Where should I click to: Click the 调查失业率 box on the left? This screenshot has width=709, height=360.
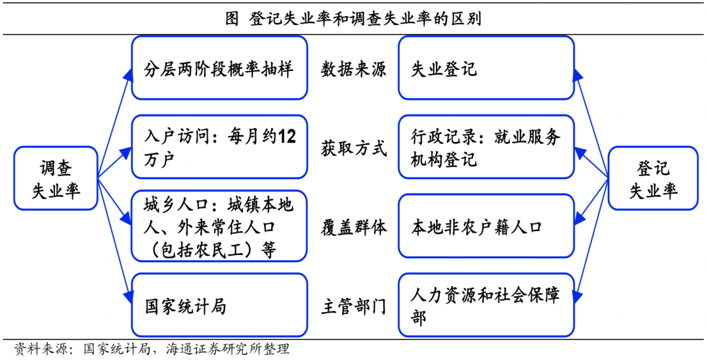click(x=56, y=178)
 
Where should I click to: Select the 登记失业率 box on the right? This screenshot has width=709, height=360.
click(x=653, y=178)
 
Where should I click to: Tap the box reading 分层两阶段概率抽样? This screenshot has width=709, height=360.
click(x=219, y=68)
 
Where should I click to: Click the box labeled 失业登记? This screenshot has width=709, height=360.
click(x=486, y=68)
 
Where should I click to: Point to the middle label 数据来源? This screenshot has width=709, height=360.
click(x=353, y=69)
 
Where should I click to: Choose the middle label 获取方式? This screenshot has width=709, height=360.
click(x=353, y=148)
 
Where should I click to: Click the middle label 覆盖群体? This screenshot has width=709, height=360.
click(x=353, y=227)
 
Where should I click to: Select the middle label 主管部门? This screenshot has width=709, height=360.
click(x=353, y=306)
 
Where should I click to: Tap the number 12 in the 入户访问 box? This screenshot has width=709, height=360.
click(x=287, y=137)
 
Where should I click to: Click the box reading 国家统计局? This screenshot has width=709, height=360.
click(x=219, y=305)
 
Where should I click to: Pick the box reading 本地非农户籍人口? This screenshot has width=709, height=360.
click(x=486, y=227)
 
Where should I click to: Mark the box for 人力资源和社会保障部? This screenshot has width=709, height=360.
click(x=486, y=305)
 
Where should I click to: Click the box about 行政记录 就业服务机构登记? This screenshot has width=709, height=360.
click(x=486, y=147)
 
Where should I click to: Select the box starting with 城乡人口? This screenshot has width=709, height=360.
click(x=219, y=227)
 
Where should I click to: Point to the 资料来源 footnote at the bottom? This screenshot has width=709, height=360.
click(x=152, y=348)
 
